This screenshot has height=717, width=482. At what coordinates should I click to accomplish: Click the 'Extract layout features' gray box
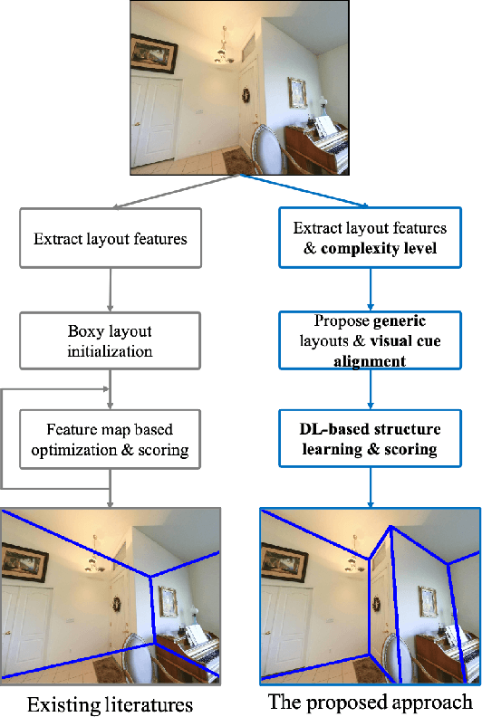(111, 240)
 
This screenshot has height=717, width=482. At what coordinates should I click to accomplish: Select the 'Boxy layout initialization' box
(110, 338)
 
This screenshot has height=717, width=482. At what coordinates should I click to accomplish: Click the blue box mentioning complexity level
(371, 239)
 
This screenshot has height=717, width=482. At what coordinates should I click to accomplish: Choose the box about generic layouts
(371, 340)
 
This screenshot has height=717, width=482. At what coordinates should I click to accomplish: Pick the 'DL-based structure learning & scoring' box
(371, 440)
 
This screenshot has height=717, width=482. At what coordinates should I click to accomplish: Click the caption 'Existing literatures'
(110, 703)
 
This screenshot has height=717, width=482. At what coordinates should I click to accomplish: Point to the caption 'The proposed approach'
(370, 702)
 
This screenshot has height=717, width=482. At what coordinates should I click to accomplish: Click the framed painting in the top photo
(154, 53)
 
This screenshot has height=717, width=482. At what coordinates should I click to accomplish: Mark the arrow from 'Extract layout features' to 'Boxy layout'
(111, 287)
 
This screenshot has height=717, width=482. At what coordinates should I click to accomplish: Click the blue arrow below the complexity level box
(371, 289)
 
